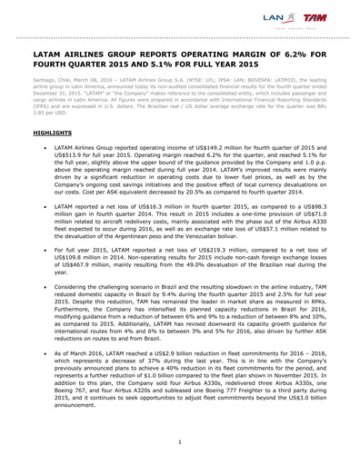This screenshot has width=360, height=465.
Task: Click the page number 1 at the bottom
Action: pyautogui.click(x=180, y=441)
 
